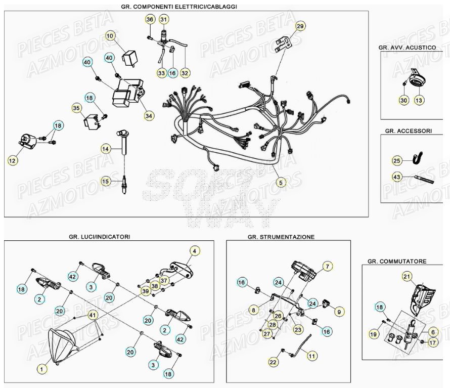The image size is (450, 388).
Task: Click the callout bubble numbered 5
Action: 281,182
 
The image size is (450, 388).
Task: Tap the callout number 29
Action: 300,26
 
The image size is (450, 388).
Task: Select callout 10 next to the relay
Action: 111,35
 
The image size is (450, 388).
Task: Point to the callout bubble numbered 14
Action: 105,149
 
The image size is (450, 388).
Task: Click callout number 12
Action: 12,160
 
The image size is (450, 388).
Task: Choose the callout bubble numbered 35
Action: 76,108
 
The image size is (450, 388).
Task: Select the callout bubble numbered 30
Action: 403,101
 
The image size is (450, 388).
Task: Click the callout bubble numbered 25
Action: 397,161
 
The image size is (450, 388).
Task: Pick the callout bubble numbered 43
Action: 397,177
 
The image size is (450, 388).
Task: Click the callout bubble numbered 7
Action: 327,266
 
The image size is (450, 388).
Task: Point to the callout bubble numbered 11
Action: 312,356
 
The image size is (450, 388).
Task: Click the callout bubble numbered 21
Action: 407,276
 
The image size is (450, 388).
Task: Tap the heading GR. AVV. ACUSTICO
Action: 407,47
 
